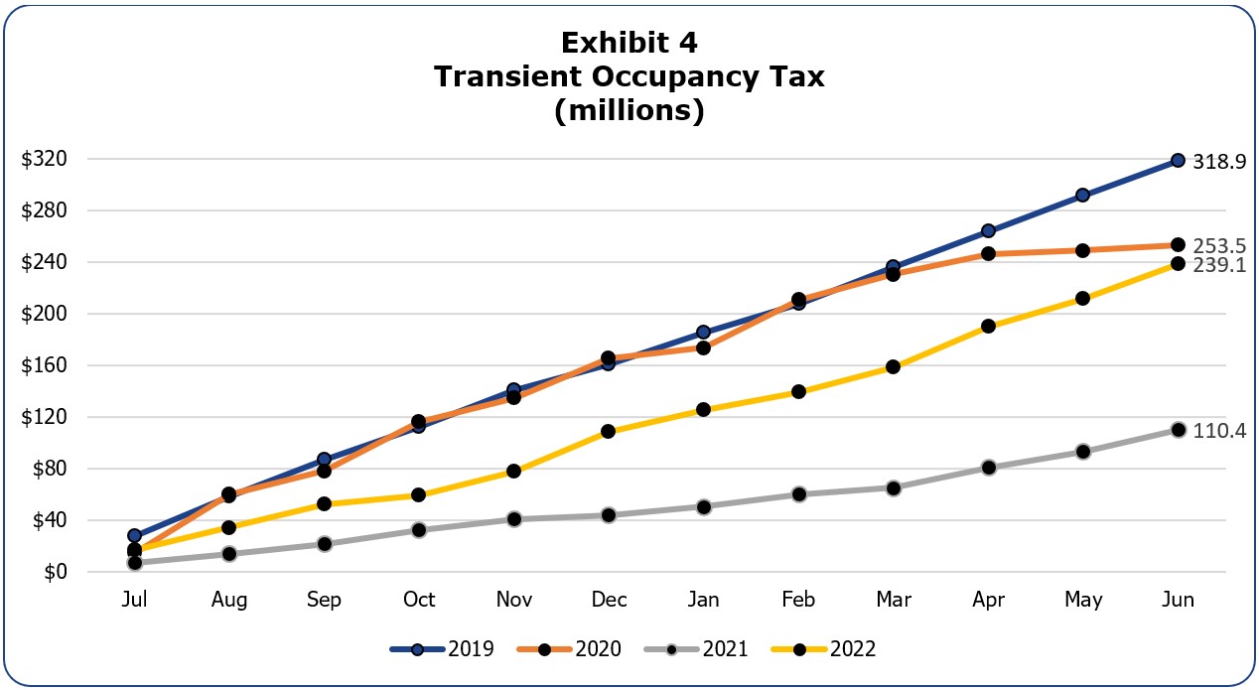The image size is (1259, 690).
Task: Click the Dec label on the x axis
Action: pyautogui.click(x=609, y=600)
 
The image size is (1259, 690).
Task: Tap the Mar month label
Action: pyautogui.click(x=893, y=600)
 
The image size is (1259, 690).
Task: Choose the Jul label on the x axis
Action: pyautogui.click(x=135, y=600)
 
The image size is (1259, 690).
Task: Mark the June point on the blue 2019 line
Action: pyautogui.click(x=1178, y=160)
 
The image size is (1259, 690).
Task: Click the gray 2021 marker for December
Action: pyautogui.click(x=609, y=515)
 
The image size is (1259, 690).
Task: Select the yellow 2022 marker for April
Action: pyautogui.click(x=988, y=326)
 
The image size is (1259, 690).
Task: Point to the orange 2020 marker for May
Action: pyautogui.click(x=1083, y=250)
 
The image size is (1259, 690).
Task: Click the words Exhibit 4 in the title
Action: pyautogui.click(x=629, y=43)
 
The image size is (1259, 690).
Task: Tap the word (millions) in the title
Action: pyautogui.click(x=629, y=111)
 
